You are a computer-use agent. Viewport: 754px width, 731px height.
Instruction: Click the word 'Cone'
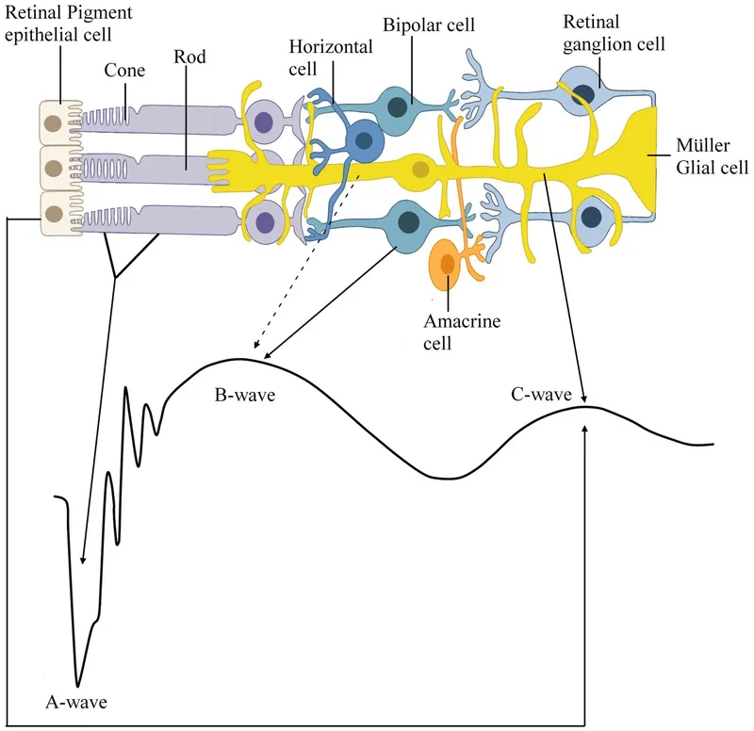124,69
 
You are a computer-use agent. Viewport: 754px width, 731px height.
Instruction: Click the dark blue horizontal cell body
362,142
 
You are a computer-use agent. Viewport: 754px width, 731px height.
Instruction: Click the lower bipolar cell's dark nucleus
409,222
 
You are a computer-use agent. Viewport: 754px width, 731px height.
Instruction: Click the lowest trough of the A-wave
78,685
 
